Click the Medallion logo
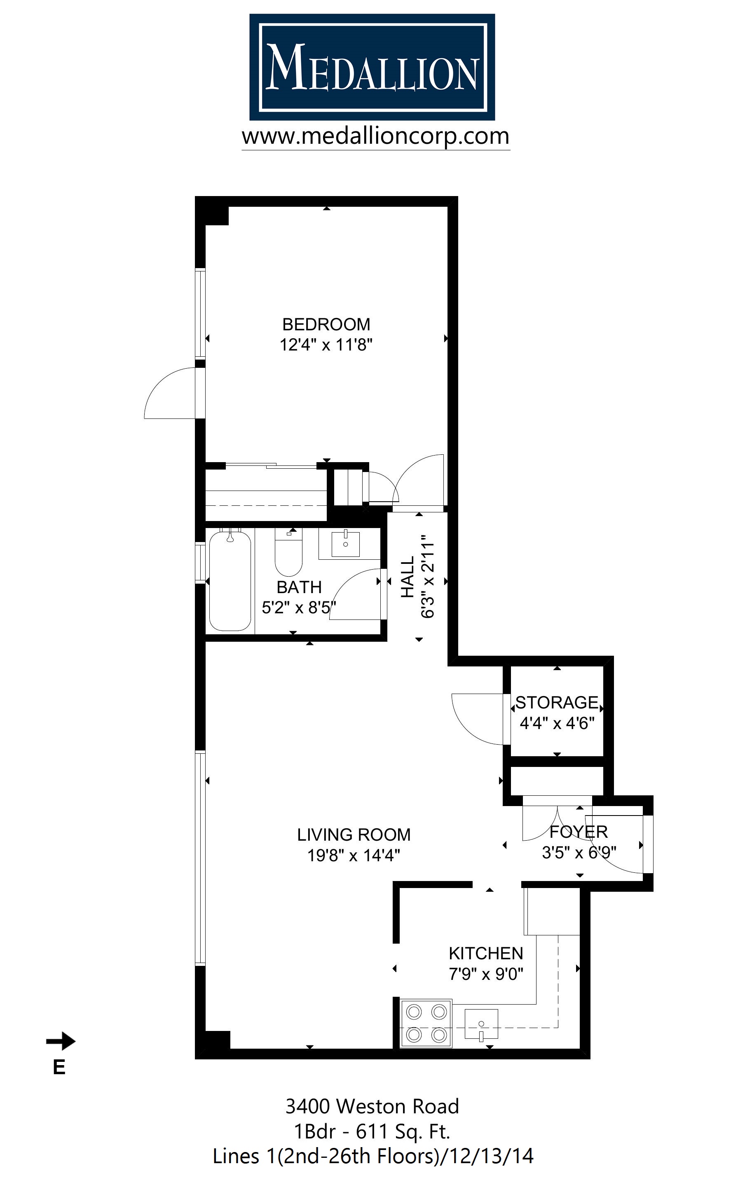coord(372,68)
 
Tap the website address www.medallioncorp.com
coord(375,136)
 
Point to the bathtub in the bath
coord(230,581)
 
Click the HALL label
coord(408,577)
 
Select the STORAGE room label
coord(557,702)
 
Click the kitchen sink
coord(481,1025)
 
